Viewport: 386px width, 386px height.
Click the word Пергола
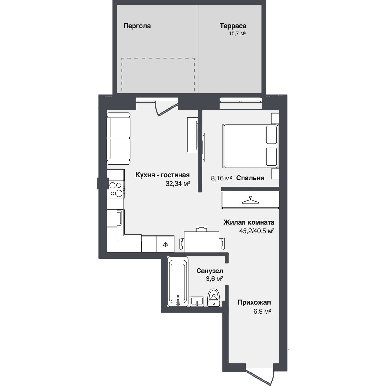[x=137, y=26]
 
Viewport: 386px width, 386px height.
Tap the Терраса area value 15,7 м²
[x=237, y=33]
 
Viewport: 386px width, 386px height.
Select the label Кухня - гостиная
[x=162, y=175]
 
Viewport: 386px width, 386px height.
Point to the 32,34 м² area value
[x=178, y=183]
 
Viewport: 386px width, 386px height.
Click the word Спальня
[x=250, y=178]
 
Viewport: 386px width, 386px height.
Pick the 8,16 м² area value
[x=221, y=178]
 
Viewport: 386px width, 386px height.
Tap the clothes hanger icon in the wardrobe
[x=250, y=200]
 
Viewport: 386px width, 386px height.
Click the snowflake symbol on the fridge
[x=165, y=244]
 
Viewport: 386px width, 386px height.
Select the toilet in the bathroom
[x=214, y=298]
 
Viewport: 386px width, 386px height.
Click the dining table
[x=201, y=242]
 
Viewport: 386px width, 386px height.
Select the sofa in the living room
[x=119, y=139]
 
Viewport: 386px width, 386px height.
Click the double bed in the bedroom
[x=251, y=146]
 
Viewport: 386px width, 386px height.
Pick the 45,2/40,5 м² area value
[x=257, y=231]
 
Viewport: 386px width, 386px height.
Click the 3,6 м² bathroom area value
[x=215, y=279]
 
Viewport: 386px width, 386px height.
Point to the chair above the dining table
[x=201, y=228]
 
